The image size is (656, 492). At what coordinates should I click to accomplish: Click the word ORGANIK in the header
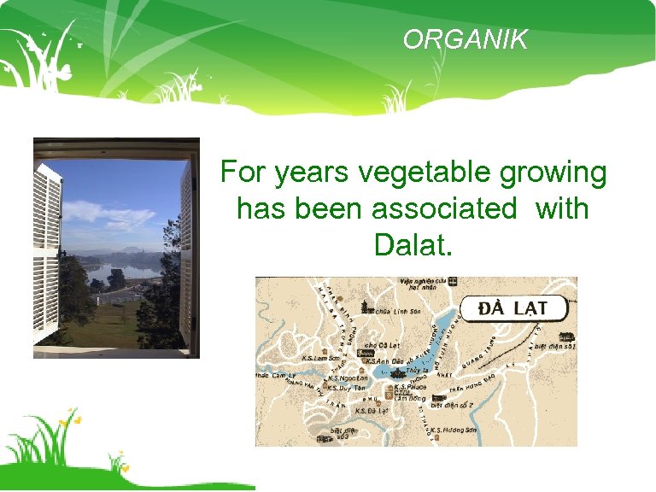coord(466,40)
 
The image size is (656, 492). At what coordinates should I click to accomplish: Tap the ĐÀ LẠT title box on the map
coord(514,308)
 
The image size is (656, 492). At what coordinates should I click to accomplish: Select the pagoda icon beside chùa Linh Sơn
coord(367,307)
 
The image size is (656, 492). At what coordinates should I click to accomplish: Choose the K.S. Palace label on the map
coord(412,386)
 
